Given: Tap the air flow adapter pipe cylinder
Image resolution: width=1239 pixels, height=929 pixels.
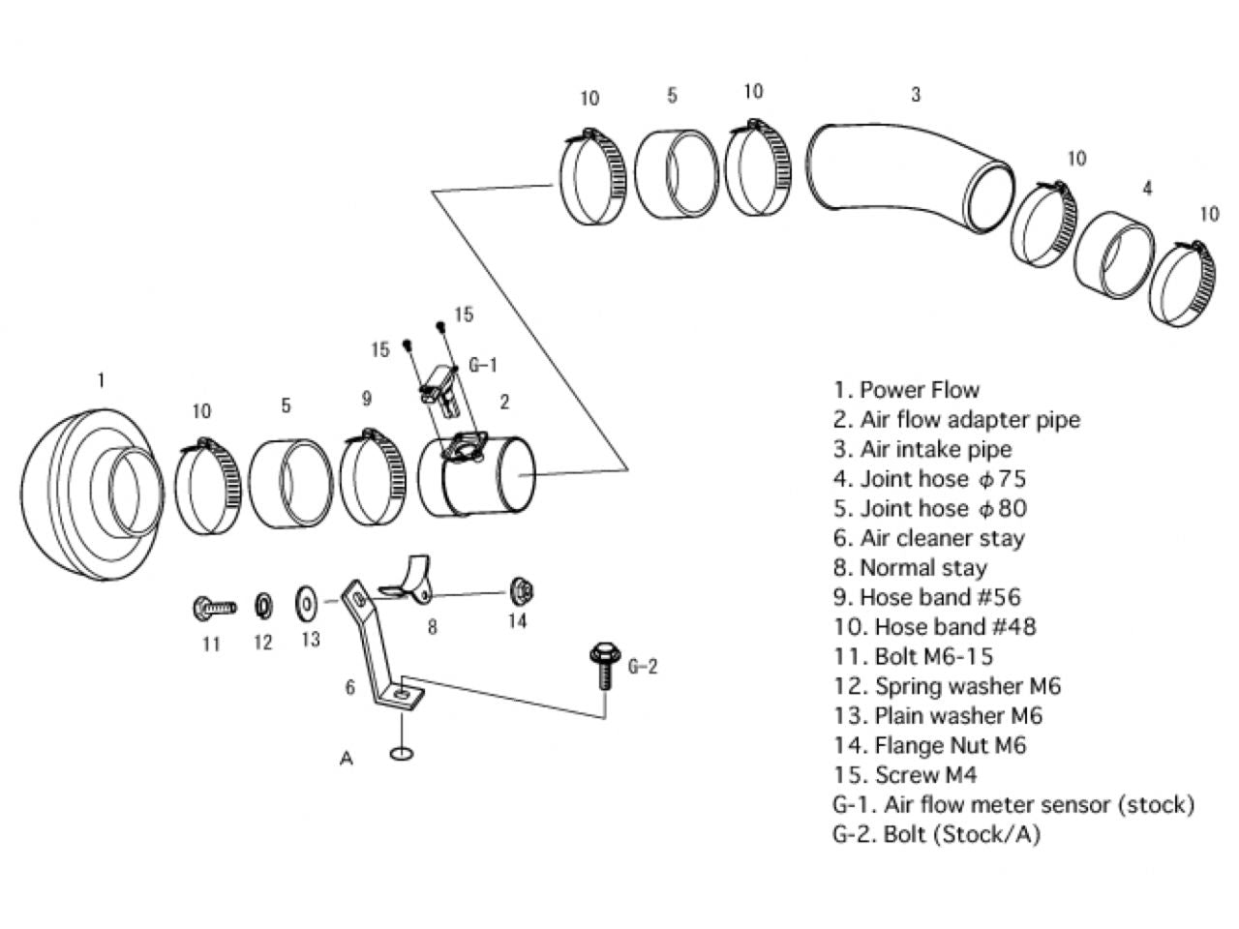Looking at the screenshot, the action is tap(475, 475).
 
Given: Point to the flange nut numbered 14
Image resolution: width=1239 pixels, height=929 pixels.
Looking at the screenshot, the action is tap(521, 590).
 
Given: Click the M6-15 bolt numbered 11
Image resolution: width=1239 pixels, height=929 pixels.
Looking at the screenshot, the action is tap(214, 608).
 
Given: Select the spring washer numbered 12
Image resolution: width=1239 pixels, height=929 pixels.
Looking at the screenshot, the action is tap(263, 606).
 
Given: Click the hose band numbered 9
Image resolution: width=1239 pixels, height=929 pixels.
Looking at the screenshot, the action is tap(373, 477).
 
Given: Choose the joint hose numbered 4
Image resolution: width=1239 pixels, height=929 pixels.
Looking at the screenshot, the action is tap(1114, 255).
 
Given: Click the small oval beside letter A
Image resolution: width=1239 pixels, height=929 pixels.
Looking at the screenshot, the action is tap(402, 753).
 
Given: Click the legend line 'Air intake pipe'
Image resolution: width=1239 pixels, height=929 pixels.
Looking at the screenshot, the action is tap(922, 450).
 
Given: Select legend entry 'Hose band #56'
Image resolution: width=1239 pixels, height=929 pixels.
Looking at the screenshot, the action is tap(927, 597).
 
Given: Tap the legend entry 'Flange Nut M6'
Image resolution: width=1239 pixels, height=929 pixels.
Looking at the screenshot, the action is tap(929, 746).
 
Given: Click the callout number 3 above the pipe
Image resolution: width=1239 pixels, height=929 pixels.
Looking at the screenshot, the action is tap(916, 94).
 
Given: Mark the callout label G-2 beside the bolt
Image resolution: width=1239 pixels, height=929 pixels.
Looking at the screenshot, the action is tap(643, 667).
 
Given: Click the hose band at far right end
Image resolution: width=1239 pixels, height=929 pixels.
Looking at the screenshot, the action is tap(1183, 285).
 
